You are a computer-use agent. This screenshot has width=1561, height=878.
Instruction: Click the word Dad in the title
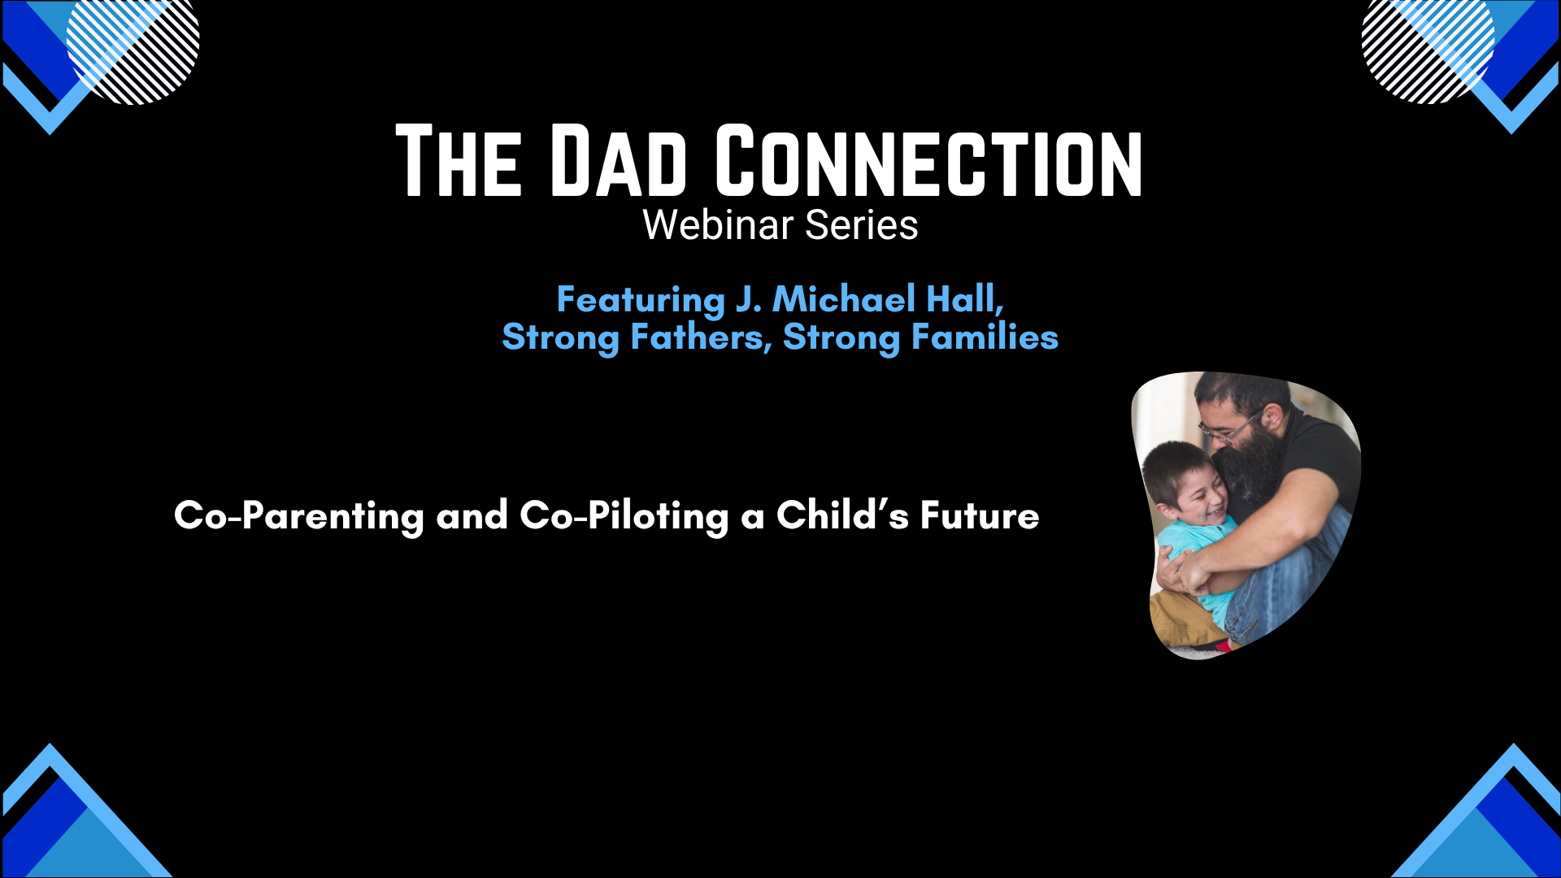(619, 161)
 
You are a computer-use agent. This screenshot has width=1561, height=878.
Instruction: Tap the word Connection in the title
(929, 161)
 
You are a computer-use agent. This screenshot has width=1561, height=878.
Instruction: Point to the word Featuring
(641, 300)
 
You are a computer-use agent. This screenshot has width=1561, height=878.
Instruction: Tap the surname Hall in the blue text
(966, 299)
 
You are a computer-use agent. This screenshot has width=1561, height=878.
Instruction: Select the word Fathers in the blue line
(701, 337)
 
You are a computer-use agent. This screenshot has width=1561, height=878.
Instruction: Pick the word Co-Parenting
(299, 516)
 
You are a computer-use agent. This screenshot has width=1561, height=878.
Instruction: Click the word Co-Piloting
(624, 516)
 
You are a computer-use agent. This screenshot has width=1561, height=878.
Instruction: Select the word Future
(980, 515)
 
